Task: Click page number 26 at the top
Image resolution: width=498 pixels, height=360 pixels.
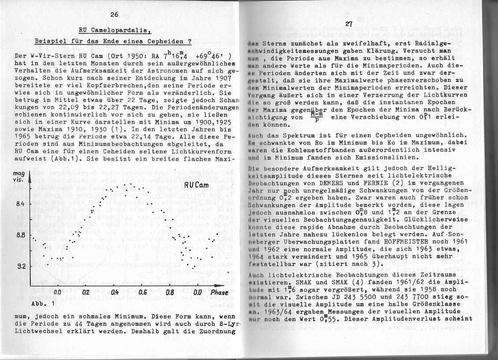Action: [x=115, y=15]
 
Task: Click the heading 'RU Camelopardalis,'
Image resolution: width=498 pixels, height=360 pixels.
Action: [x=115, y=30]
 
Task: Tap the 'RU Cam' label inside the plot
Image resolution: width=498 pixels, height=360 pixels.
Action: [x=197, y=185]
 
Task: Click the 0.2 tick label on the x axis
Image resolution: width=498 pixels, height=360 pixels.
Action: [x=86, y=292]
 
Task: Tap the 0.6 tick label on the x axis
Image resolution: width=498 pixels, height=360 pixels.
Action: [x=142, y=292]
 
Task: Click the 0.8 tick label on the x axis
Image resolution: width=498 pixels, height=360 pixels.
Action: [x=171, y=292]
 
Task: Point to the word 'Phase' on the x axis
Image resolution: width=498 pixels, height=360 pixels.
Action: [x=219, y=292]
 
